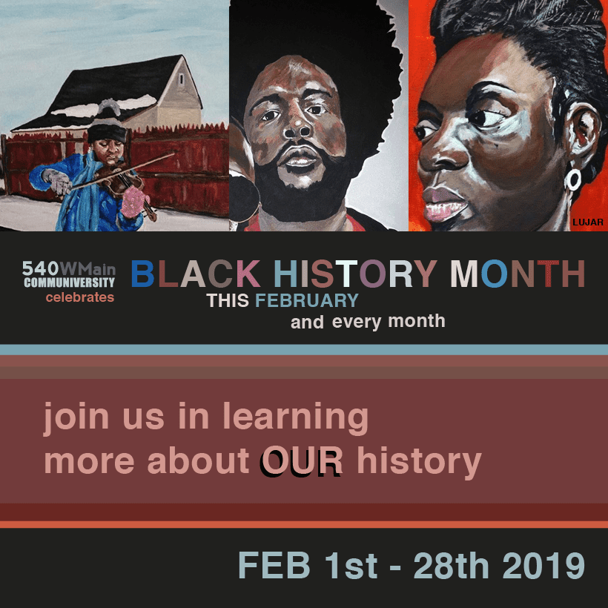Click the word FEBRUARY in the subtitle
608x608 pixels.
point(307,300)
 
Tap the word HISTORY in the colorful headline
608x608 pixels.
point(356,274)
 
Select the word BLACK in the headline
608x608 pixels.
point(196,274)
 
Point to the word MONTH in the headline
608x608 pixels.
point(518,274)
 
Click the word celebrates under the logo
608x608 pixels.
point(80,297)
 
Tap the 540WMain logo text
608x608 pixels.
point(69,268)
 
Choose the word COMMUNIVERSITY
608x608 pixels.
point(70,282)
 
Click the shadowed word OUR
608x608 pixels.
point(302,461)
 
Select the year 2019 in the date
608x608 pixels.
point(543,565)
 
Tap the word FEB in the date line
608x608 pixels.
point(274,565)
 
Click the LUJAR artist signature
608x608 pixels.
point(588,222)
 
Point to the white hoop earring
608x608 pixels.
point(572,180)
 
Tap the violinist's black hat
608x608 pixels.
point(107,132)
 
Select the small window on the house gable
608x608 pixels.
point(181,79)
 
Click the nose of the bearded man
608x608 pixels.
point(297,129)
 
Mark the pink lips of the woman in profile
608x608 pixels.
point(443,204)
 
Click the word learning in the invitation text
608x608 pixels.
point(295,417)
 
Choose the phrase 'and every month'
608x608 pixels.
point(368,322)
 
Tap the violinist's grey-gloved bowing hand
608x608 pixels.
point(57,182)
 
